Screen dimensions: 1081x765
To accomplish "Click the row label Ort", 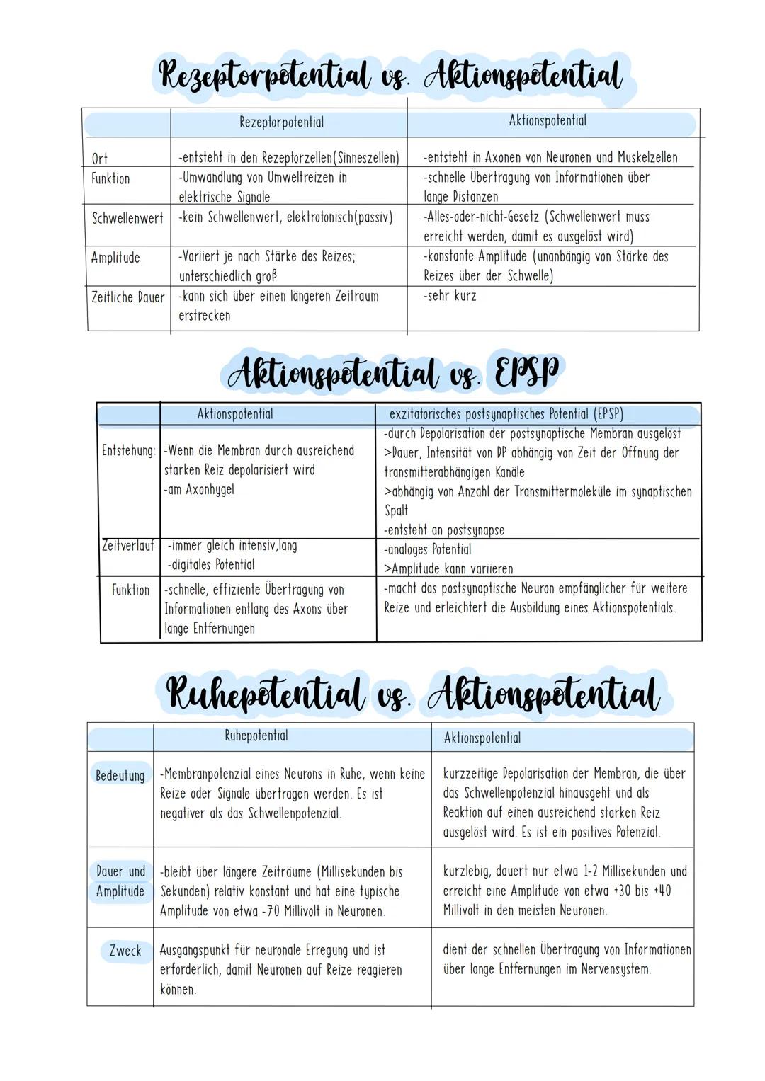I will [100, 159].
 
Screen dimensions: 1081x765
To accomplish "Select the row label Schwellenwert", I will [127, 218].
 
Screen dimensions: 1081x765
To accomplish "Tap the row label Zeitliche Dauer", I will [127, 297].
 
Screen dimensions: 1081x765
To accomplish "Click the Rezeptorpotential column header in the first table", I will [281, 122].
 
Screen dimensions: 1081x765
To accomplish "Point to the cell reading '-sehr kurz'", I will [450, 296].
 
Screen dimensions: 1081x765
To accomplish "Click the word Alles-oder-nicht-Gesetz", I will [482, 217].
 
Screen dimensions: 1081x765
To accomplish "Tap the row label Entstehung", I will [128, 450].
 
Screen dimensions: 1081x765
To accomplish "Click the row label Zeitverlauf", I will [128, 546].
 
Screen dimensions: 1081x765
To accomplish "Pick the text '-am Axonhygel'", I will [199, 489].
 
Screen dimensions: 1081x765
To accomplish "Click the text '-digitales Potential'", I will [211, 565].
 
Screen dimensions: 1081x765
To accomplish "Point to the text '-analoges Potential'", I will [428, 549].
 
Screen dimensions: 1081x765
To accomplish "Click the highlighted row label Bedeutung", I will [120, 775].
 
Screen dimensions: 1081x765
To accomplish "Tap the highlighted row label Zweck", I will [125, 951].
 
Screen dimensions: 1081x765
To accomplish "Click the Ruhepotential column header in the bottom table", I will [256, 736].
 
